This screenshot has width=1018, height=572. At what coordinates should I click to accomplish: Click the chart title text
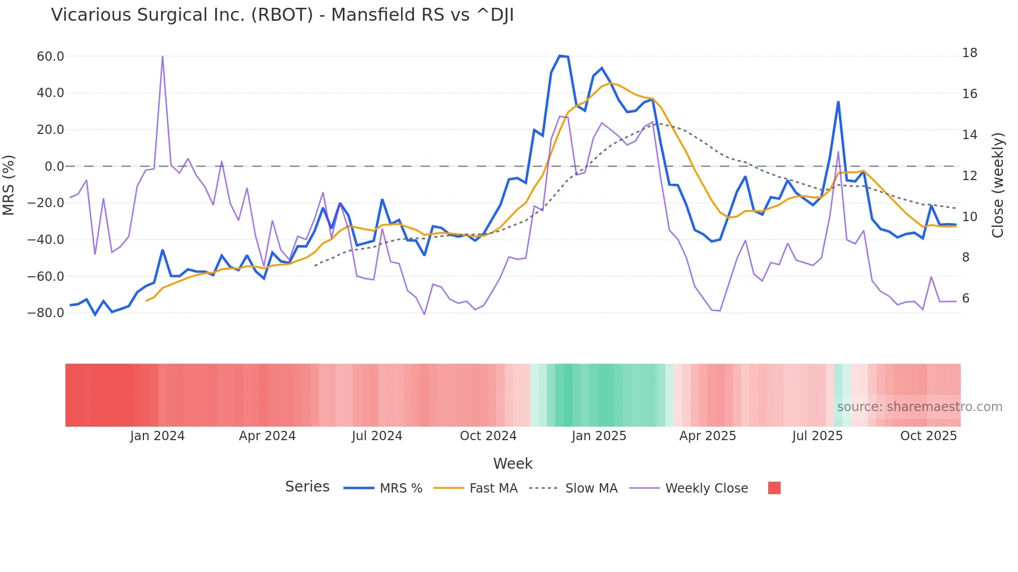tap(282, 15)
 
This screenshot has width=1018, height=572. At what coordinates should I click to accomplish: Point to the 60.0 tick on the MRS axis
tap(50, 56)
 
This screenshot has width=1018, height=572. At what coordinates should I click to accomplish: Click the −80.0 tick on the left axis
tap(46, 313)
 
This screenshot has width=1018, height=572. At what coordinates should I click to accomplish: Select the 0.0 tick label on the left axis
tap(54, 167)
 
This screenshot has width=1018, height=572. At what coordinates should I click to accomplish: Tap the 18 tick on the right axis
tap(969, 53)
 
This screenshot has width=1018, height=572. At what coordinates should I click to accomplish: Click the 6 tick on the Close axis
tap(966, 298)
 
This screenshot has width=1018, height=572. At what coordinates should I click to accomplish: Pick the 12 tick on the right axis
tap(969, 176)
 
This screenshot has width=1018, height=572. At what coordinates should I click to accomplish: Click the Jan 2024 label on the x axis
tap(157, 436)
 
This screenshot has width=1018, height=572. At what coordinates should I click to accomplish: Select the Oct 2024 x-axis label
tap(488, 436)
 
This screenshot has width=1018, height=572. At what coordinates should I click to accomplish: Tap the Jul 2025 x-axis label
tap(817, 436)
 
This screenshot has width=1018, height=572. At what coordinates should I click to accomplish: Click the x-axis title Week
tap(513, 464)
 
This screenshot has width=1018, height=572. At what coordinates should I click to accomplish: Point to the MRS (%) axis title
tap(9, 185)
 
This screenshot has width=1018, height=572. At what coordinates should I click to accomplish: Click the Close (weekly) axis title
tap(997, 185)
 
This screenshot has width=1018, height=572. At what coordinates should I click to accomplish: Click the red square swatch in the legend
tap(774, 488)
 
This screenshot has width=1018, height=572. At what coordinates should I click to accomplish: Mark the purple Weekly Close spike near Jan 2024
tap(163, 57)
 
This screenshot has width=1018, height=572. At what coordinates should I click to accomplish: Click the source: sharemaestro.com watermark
tap(919, 407)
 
